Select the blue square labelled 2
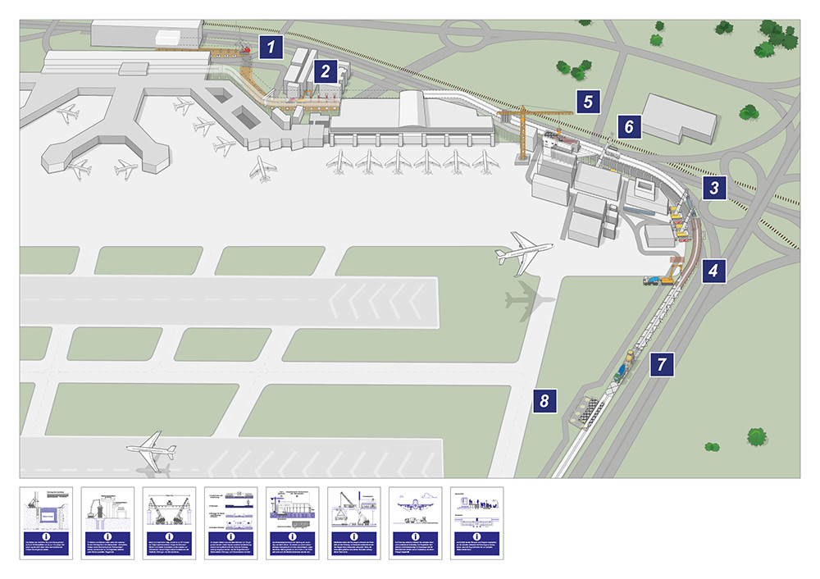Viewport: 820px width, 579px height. tap(326, 71)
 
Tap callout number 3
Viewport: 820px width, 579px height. tap(715, 189)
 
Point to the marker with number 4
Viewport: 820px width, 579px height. tap(715, 269)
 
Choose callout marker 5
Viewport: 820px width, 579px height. tap(588, 101)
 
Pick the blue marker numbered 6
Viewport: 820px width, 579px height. tap(629, 127)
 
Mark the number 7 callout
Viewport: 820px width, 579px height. tap(662, 363)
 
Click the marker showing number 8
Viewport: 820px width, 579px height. tap(544, 402)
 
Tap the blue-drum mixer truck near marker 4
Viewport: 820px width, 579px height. tap(653, 281)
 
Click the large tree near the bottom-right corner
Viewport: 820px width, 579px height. tap(756, 435)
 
